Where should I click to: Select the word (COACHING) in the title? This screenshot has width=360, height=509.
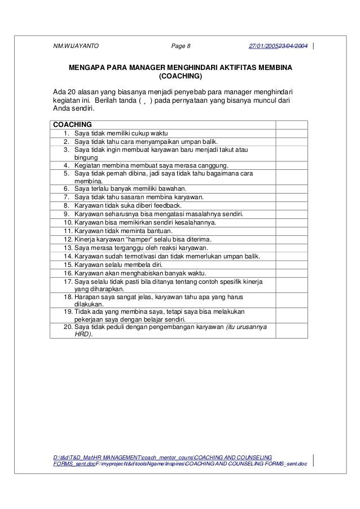(180, 76)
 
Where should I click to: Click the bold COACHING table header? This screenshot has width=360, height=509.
(72, 124)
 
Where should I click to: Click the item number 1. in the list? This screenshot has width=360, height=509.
(66, 133)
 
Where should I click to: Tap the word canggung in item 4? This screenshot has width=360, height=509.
(212, 165)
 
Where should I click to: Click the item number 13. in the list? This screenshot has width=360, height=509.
(68, 248)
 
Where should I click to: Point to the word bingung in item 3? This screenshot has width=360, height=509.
(86, 157)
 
